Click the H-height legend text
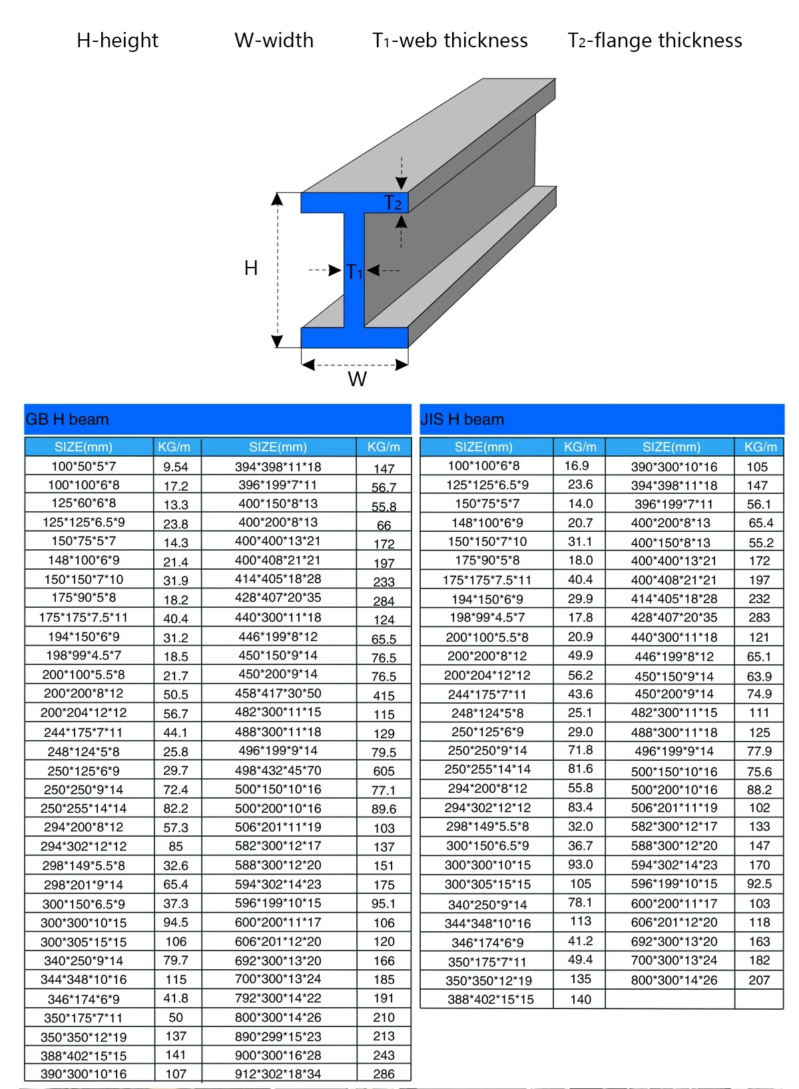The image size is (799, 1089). (117, 41)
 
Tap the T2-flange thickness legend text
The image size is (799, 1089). (655, 41)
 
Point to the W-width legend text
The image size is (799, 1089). (274, 41)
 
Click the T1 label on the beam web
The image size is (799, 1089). (354, 272)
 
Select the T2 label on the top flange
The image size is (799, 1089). (392, 202)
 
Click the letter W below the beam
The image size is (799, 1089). (357, 379)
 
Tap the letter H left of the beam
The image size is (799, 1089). (251, 268)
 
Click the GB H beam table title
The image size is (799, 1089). (67, 419)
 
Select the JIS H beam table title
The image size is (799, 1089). (462, 419)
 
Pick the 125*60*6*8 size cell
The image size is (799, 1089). (84, 503)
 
